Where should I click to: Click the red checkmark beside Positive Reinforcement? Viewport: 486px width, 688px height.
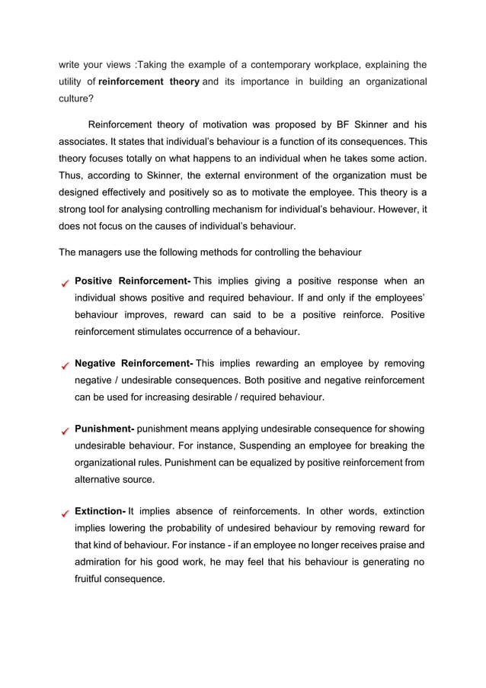click(x=66, y=283)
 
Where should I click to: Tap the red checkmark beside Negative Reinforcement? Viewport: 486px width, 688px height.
click(x=66, y=365)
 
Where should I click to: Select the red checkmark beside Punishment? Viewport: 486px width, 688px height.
click(x=66, y=430)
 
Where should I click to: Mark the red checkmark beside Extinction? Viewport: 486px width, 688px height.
click(x=66, y=513)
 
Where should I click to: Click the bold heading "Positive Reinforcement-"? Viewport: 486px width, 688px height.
click(x=133, y=281)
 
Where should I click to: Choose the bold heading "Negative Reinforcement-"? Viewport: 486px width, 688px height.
click(x=133, y=364)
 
